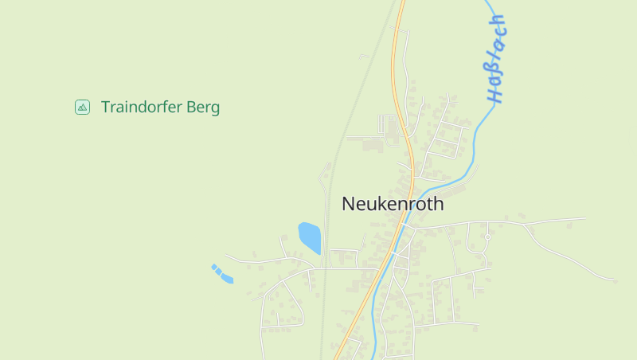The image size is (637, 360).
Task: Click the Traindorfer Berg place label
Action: pos(160,107)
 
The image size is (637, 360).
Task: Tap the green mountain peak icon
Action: pos(82,107)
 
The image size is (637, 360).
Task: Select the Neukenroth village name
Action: pos(393,204)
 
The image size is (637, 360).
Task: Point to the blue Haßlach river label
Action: pos(497,59)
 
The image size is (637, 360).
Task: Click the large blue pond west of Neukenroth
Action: pos(310,237)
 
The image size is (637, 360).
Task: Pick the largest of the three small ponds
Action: pos(228,278)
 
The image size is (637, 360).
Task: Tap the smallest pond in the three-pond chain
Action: pos(213,267)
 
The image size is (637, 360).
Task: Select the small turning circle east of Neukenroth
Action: pos(487,237)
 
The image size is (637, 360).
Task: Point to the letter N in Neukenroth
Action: pos(348,204)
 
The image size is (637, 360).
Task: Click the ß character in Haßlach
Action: pos(496,70)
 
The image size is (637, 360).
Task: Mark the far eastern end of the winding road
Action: pos(614,279)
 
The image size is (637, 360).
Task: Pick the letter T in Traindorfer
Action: pos(105,107)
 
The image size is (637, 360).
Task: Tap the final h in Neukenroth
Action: pos(439,204)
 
